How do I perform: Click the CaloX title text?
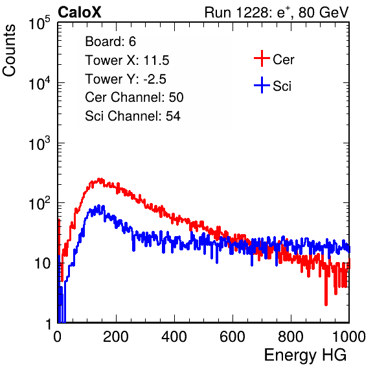point(80,12)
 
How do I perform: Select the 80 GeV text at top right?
point(324,12)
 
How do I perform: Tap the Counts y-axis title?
point(9,51)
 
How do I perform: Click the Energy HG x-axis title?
point(305,355)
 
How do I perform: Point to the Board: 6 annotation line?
point(111,42)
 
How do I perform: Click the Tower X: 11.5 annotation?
point(127,60)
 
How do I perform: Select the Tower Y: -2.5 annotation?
point(126,79)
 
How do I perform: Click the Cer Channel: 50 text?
point(134,97)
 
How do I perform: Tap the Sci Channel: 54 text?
point(133,116)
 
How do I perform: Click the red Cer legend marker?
point(262,58)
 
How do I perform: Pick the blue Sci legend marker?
point(262,85)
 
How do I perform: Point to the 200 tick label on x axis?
point(116,337)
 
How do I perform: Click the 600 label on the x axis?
point(233,337)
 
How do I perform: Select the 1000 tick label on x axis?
point(349,337)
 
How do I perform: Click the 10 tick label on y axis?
point(42,263)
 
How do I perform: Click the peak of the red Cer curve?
point(100,180)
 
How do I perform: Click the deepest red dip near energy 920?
point(326,303)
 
